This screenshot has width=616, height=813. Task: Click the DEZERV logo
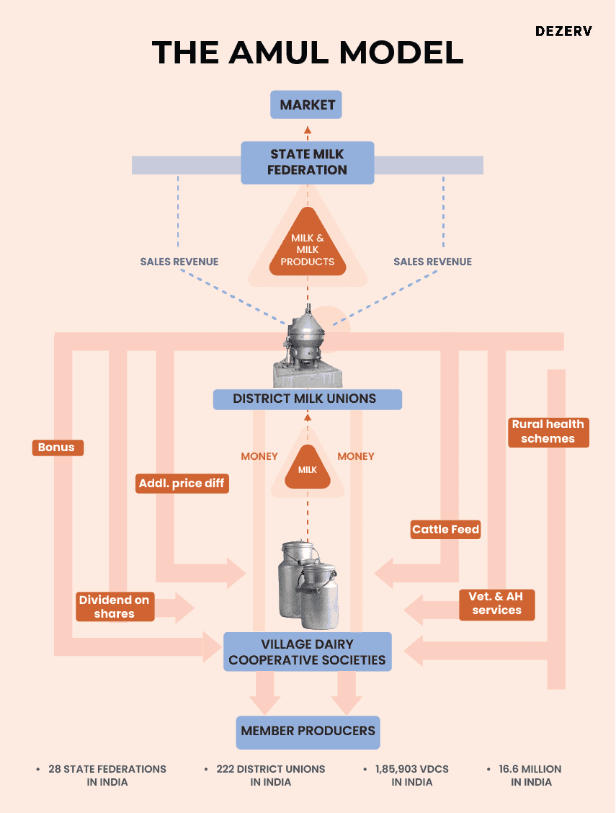click(x=563, y=32)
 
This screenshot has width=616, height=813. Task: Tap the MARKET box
click(x=307, y=105)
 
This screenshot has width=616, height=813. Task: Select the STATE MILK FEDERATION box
click(x=307, y=162)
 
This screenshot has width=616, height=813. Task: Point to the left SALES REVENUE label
click(x=179, y=262)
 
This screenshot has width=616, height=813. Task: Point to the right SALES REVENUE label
click(x=432, y=262)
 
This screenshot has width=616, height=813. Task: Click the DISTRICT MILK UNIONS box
click(x=307, y=399)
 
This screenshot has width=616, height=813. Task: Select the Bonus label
click(x=58, y=448)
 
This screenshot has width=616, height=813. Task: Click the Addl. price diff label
click(x=182, y=483)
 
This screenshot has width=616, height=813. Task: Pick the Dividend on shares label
click(x=115, y=607)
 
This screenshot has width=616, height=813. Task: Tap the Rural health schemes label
click(x=548, y=431)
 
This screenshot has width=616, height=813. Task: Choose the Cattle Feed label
click(x=445, y=530)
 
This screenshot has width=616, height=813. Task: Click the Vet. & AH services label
click(x=497, y=603)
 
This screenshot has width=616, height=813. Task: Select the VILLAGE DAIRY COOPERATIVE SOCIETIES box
click(x=307, y=652)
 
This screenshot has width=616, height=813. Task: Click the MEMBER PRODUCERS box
click(x=308, y=731)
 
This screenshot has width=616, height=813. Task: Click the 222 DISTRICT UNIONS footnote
click(x=271, y=776)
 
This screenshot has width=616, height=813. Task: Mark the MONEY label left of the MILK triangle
click(x=259, y=456)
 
